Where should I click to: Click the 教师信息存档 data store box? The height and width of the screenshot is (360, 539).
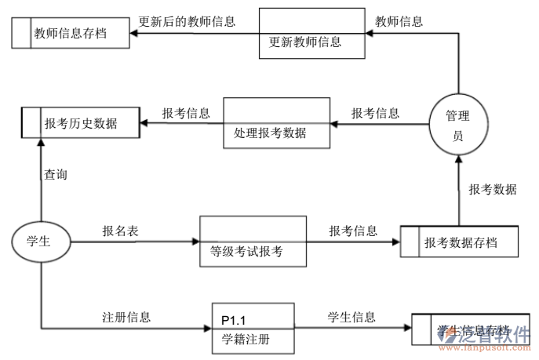point(71,33)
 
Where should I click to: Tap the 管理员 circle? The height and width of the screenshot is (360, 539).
point(457,125)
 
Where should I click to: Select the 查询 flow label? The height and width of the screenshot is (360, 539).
point(55,175)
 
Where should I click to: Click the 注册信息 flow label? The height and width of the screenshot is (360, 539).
point(126,318)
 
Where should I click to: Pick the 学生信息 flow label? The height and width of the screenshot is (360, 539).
point(351,318)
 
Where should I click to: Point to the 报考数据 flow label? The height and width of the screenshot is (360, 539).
point(493,189)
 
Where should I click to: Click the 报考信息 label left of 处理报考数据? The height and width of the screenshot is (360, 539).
point(186,113)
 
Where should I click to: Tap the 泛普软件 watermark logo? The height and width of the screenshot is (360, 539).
point(499,338)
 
